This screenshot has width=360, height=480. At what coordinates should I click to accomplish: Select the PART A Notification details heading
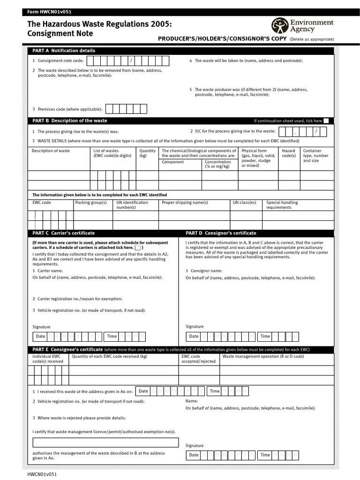tap(63, 51)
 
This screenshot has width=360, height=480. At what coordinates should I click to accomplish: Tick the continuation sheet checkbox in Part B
tap(326, 121)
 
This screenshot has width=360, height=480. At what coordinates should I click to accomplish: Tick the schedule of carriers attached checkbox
tap(138, 247)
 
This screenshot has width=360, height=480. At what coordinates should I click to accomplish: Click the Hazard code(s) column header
tap(288, 153)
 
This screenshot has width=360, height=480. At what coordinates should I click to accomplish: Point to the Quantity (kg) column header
tap(147, 153)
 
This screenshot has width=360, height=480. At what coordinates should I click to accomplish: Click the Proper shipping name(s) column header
tap(185, 202)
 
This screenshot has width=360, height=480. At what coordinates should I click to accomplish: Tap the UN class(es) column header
tap(244, 202)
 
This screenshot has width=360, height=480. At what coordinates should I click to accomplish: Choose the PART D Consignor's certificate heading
tap(221, 233)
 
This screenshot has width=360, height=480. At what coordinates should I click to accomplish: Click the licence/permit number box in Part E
tap(105, 442)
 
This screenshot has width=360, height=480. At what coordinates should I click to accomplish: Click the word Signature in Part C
tap(41, 327)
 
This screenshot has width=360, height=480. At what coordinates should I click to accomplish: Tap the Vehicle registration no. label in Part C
tap(89, 310)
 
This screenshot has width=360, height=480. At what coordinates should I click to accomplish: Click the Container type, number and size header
tap(315, 156)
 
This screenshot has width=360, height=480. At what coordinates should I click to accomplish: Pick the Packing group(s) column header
tap(91, 202)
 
